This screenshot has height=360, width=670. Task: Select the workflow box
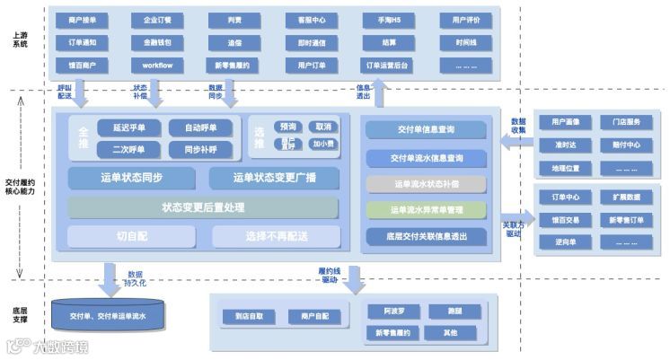pos(156,66)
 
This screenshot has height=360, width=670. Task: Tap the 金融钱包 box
pos(156,42)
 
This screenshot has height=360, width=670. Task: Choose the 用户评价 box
pos(466,20)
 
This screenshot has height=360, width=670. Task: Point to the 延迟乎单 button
pos(128,127)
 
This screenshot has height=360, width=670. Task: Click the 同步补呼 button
pos(199,149)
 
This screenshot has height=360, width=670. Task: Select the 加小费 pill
pos(323,144)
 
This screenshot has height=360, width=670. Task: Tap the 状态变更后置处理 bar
pos(203,207)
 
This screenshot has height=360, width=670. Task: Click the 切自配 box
pos(131,237)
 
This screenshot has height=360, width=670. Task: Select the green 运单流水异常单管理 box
pos(426,210)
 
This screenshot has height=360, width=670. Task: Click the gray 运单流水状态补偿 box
pos(426,184)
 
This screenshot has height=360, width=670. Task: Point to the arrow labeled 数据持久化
pos(110,277)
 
